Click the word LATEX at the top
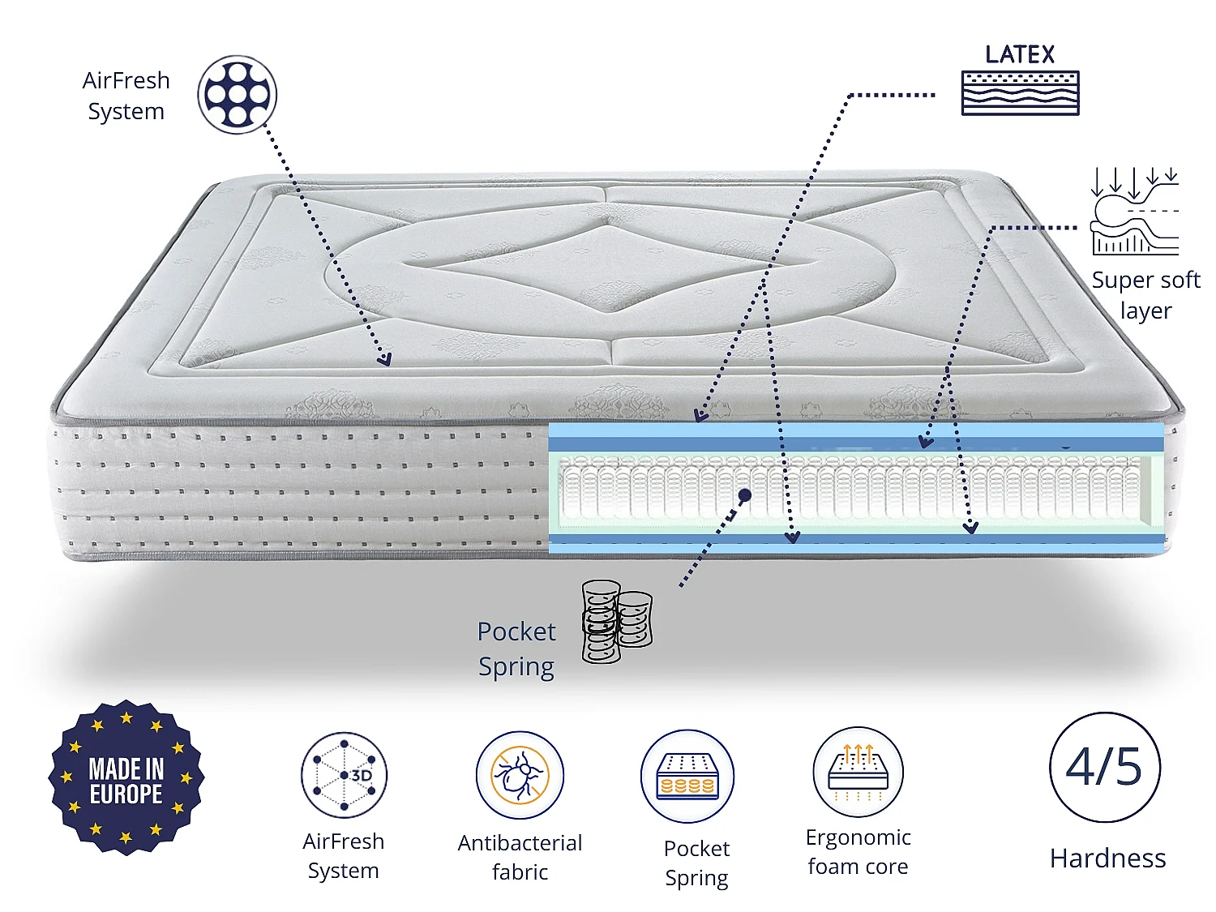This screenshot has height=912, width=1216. [x=1019, y=54]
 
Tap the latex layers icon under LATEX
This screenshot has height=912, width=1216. [x=1020, y=92]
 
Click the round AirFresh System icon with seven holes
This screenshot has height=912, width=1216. [x=237, y=94]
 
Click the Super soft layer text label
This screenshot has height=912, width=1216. [x=1145, y=294]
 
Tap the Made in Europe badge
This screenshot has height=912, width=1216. [x=126, y=777]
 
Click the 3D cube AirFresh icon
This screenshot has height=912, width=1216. [x=344, y=775]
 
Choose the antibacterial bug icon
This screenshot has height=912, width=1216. [x=520, y=775]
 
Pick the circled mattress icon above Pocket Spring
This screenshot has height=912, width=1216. [x=687, y=776]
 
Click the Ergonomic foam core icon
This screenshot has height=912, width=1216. [x=858, y=772]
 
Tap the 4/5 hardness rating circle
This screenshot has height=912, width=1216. [x=1105, y=767]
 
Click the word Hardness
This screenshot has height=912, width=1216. [x=1107, y=858]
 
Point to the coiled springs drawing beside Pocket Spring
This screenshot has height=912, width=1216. [x=617, y=621]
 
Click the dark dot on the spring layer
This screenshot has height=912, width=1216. [x=745, y=495]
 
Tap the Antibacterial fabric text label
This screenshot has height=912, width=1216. [x=520, y=857]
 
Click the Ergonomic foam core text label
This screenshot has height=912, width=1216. [x=858, y=852]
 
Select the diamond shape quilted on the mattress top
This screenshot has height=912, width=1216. [x=608, y=265]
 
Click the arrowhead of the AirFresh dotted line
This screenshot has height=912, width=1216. [x=384, y=360]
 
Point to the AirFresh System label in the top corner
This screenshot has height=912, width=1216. [x=126, y=95]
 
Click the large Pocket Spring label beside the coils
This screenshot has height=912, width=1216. [x=516, y=649]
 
